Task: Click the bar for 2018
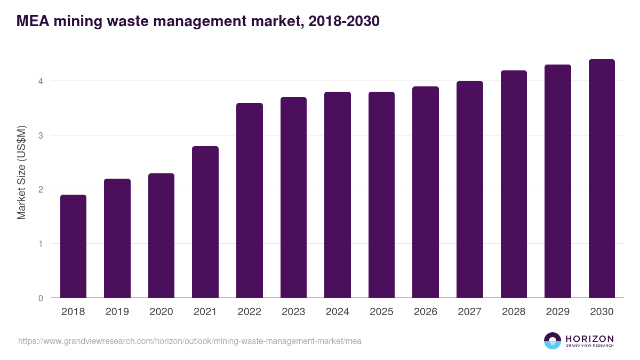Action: (x=73, y=246)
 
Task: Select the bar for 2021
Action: (x=205, y=222)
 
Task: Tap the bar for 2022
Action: (x=250, y=201)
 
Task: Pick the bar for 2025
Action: (x=381, y=195)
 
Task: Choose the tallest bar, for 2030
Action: (x=602, y=179)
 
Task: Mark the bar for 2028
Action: (x=514, y=184)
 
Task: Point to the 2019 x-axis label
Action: (x=117, y=312)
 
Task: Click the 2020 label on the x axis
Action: (x=161, y=312)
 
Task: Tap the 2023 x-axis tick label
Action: (x=293, y=312)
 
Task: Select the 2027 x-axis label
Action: (x=470, y=312)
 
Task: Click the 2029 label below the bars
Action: (x=558, y=312)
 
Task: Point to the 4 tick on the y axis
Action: (x=40, y=81)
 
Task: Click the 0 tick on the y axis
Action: (x=40, y=298)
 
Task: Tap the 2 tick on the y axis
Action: (x=40, y=189)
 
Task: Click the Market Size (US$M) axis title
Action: (x=21, y=172)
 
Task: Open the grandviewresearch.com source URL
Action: (x=189, y=341)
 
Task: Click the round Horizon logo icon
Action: (x=553, y=341)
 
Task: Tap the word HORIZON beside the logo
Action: (x=589, y=338)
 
